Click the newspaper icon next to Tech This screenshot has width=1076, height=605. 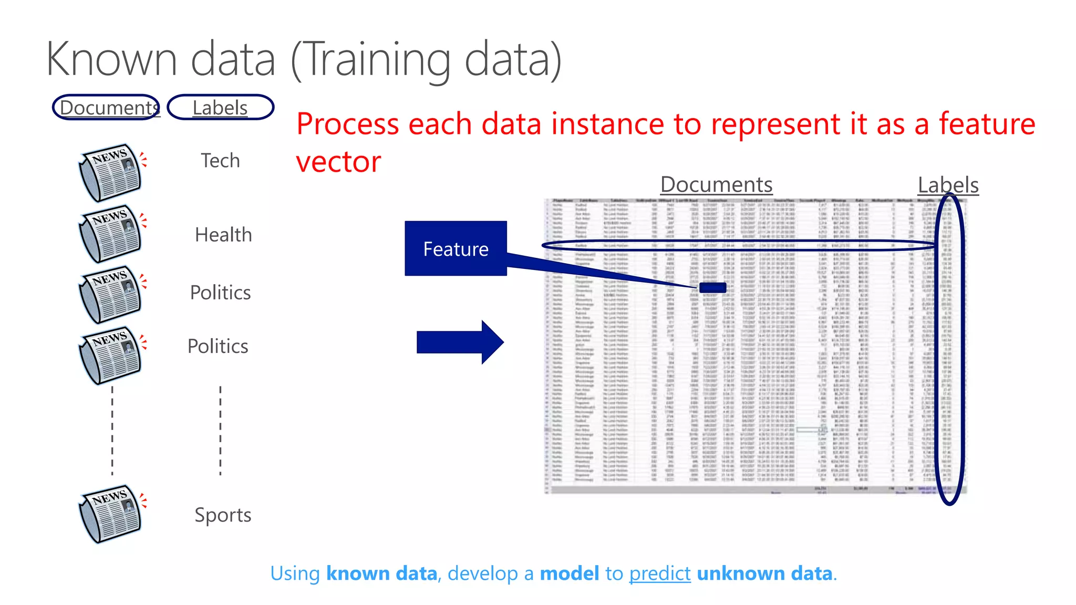(x=110, y=172)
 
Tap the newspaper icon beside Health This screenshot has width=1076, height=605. (x=110, y=234)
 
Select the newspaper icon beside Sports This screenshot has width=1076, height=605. (x=110, y=514)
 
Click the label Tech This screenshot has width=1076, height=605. (x=220, y=161)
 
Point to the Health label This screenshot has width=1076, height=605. (x=223, y=235)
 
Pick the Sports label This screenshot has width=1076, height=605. (x=223, y=515)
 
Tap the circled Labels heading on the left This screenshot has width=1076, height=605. (x=220, y=108)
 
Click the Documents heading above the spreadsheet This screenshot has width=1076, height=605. (x=716, y=185)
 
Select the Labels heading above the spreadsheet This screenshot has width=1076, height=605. (x=948, y=185)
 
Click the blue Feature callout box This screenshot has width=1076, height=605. (x=456, y=248)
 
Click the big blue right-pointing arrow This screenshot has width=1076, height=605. (x=460, y=342)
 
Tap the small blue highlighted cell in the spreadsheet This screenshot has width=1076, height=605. (x=712, y=287)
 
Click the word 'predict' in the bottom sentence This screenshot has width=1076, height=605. (x=659, y=573)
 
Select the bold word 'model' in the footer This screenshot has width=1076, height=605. (x=569, y=573)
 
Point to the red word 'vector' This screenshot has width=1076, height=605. (x=338, y=162)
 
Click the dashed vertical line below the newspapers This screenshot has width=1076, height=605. (x=112, y=431)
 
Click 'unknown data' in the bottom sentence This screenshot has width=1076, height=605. (x=764, y=573)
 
